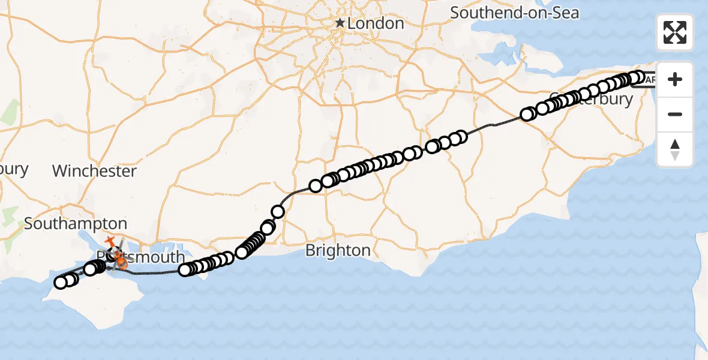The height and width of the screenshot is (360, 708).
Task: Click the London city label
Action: click(x=376, y=23)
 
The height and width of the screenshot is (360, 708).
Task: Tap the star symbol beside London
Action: click(x=340, y=23)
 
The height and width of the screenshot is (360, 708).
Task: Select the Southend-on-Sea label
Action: click(x=514, y=12)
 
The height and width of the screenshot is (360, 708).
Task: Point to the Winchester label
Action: click(x=94, y=171)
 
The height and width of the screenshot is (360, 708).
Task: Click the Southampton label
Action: click(x=76, y=224)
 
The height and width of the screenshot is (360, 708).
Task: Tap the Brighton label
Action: click(x=338, y=250)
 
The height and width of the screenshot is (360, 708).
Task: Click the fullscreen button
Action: click(x=675, y=32)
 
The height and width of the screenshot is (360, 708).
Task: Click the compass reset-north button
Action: click(x=675, y=149)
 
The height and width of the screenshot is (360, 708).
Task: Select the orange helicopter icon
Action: click(x=121, y=260)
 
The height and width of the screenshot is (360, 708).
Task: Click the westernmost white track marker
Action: click(x=61, y=283)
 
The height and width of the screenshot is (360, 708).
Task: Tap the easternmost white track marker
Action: click(x=638, y=77)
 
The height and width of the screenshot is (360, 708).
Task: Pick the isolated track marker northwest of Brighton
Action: click(x=278, y=211)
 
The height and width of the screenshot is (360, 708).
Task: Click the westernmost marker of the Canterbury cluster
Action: click(x=527, y=115)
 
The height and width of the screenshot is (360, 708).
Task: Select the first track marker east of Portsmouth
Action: click(x=185, y=269)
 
